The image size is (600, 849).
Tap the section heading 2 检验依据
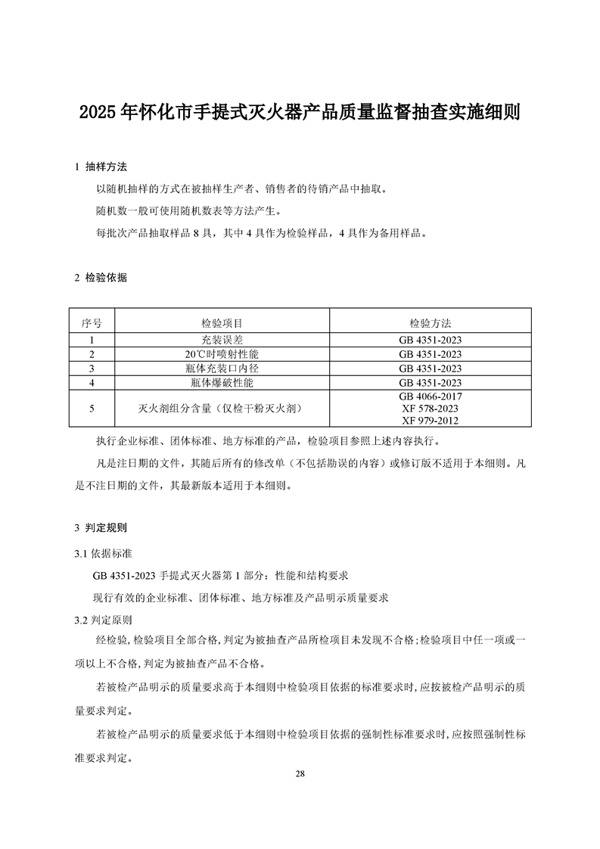click(101, 278)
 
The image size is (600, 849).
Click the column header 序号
click(92, 323)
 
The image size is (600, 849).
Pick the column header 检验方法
click(430, 323)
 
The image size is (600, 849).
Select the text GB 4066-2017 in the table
click(430, 396)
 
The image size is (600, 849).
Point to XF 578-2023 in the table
click(430, 409)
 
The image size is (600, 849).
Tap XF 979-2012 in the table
click(430, 421)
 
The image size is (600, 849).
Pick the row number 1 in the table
click(92, 339)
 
